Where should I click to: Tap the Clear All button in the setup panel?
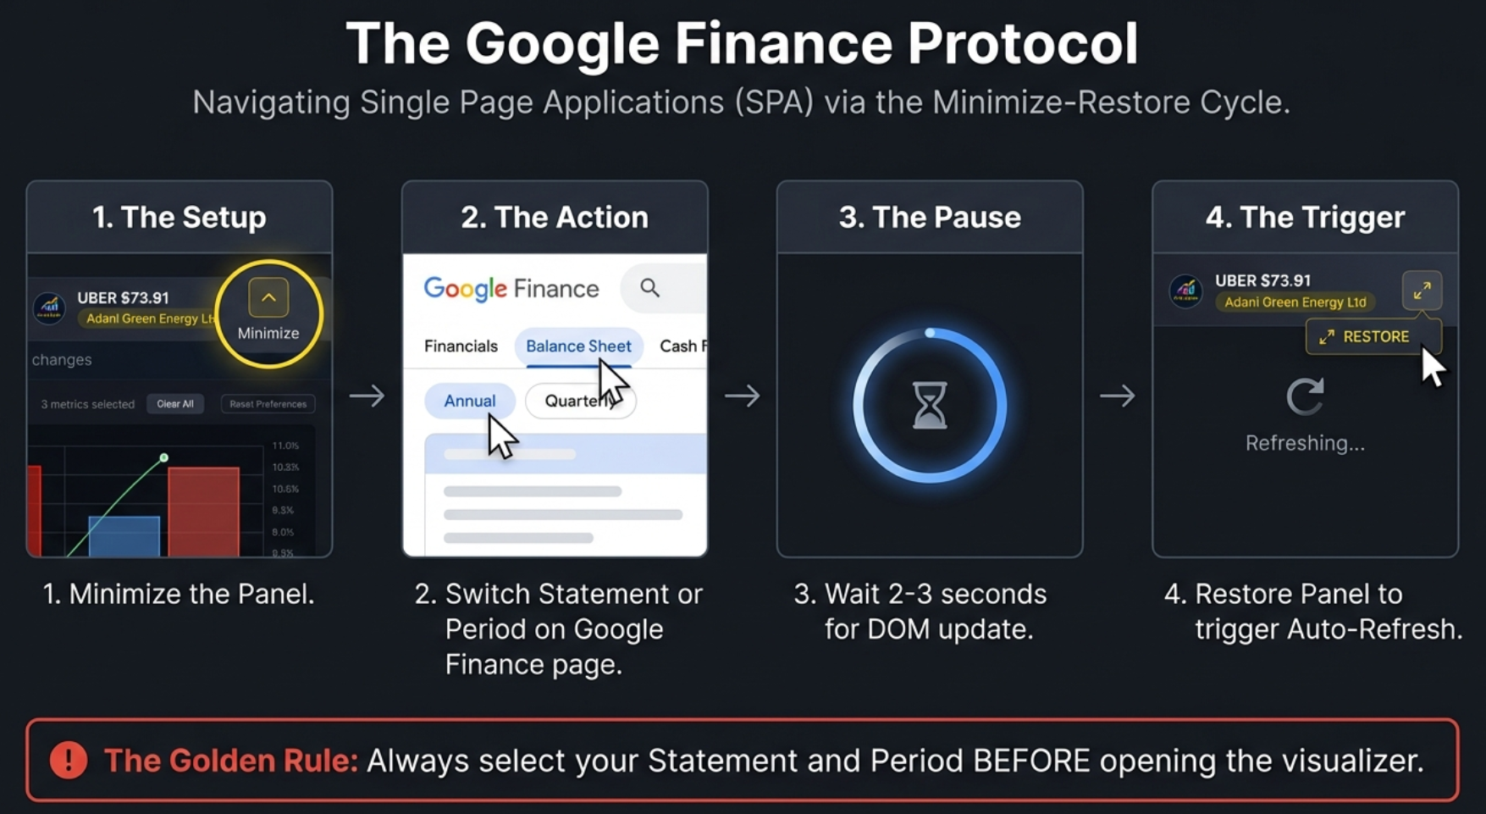click(x=175, y=404)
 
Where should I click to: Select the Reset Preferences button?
click(x=268, y=404)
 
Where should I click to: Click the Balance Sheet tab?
click(x=578, y=346)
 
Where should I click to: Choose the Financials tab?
click(x=461, y=346)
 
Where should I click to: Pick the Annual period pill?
click(x=469, y=401)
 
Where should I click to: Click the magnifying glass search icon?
click(x=649, y=288)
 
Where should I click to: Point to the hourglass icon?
click(x=929, y=405)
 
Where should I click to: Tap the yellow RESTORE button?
click(x=1365, y=336)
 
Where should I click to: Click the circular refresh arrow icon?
click(x=1305, y=396)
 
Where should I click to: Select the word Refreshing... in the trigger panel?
click(x=1305, y=443)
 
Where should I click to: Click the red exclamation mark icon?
click(x=69, y=760)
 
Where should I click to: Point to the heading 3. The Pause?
click(x=929, y=217)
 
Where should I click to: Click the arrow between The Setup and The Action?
click(x=367, y=396)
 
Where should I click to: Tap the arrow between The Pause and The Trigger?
click(x=1117, y=396)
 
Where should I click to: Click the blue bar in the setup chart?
click(x=124, y=535)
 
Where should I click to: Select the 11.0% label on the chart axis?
click(x=285, y=446)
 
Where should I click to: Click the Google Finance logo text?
click(x=511, y=289)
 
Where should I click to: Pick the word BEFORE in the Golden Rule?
click(x=1031, y=760)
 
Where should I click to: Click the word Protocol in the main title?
click(x=1022, y=44)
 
